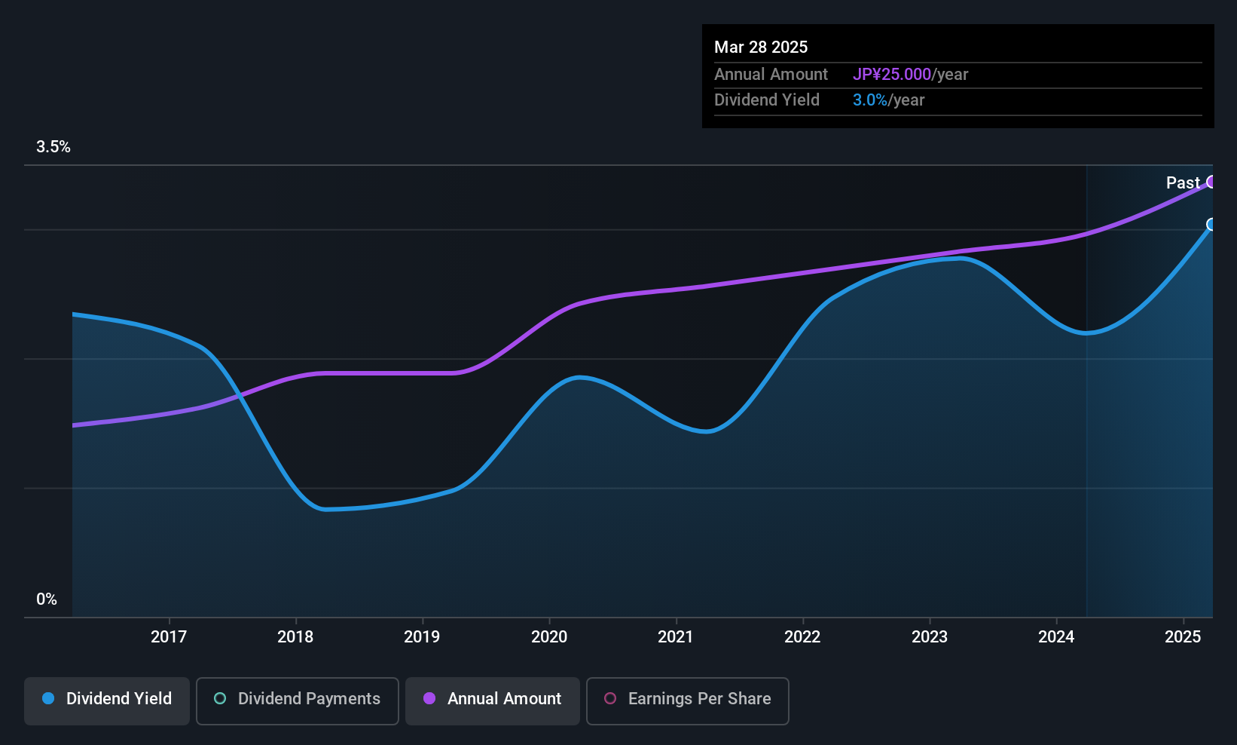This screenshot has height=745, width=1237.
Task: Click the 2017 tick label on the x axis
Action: click(169, 636)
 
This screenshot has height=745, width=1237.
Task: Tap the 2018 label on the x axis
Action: click(295, 636)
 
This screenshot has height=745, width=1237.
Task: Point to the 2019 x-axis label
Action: click(422, 636)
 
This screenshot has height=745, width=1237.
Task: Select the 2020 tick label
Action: click(549, 636)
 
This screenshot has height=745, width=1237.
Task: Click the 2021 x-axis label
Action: click(676, 636)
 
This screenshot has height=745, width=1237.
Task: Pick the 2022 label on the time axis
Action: click(802, 636)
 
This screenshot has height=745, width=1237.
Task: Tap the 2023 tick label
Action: click(930, 636)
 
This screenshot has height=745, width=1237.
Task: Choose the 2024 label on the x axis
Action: click(1056, 636)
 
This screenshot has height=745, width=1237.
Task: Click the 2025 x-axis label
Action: click(1183, 636)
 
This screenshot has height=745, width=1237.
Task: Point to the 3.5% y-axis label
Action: click(53, 147)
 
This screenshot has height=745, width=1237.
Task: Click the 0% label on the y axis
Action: click(47, 599)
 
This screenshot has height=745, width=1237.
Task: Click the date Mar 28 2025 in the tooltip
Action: click(761, 47)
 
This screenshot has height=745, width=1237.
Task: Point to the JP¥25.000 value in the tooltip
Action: click(892, 74)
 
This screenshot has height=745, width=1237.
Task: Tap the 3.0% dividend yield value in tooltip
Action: click(870, 100)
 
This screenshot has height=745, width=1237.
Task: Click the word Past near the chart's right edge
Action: click(1183, 182)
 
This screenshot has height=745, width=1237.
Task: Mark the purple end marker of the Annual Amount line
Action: click(1211, 182)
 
